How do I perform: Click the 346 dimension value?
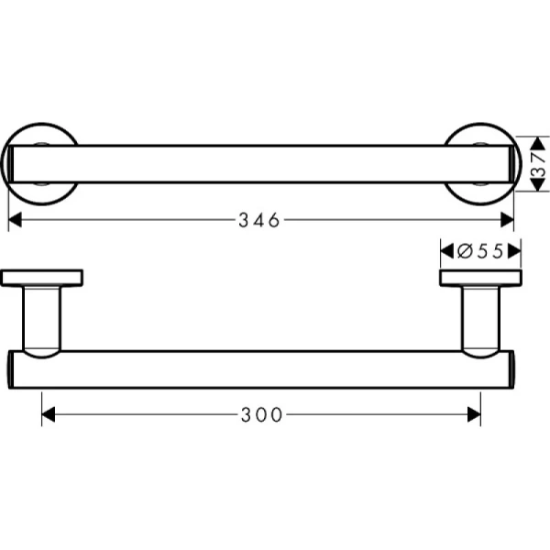[260, 220]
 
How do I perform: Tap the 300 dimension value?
[261, 414]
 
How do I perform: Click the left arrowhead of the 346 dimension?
[15, 220]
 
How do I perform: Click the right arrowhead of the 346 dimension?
[508, 220]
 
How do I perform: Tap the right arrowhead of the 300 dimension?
[474, 414]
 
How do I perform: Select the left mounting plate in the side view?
[42, 279]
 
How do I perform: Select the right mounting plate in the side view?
[480, 279]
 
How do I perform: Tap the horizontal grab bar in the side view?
[261, 368]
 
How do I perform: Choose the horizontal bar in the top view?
[261, 163]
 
